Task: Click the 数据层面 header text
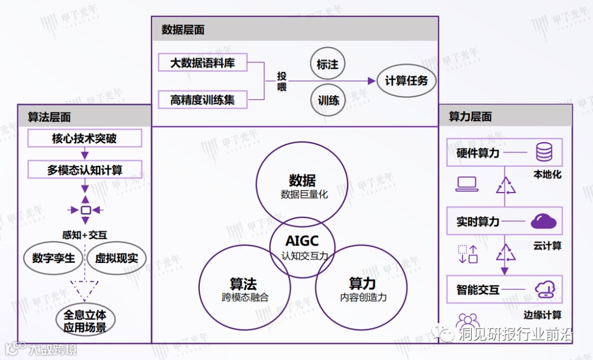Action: click(x=183, y=30)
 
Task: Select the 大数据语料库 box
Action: click(x=203, y=63)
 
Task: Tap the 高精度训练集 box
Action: click(x=203, y=100)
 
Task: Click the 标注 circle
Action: click(x=328, y=65)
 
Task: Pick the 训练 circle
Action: click(x=328, y=100)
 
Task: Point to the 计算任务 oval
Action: click(x=406, y=81)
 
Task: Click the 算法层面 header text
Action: click(x=49, y=117)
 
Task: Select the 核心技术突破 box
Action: click(x=85, y=138)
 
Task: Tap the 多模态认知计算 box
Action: click(x=85, y=170)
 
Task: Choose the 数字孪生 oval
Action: click(x=53, y=258)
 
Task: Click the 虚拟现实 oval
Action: click(x=117, y=258)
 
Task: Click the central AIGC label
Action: click(x=302, y=241)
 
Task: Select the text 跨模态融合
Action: click(x=243, y=297)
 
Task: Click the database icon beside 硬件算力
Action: click(x=544, y=152)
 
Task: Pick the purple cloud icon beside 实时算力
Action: click(x=544, y=221)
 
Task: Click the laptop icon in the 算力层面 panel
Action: click(x=466, y=184)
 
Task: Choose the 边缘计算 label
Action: click(x=542, y=315)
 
